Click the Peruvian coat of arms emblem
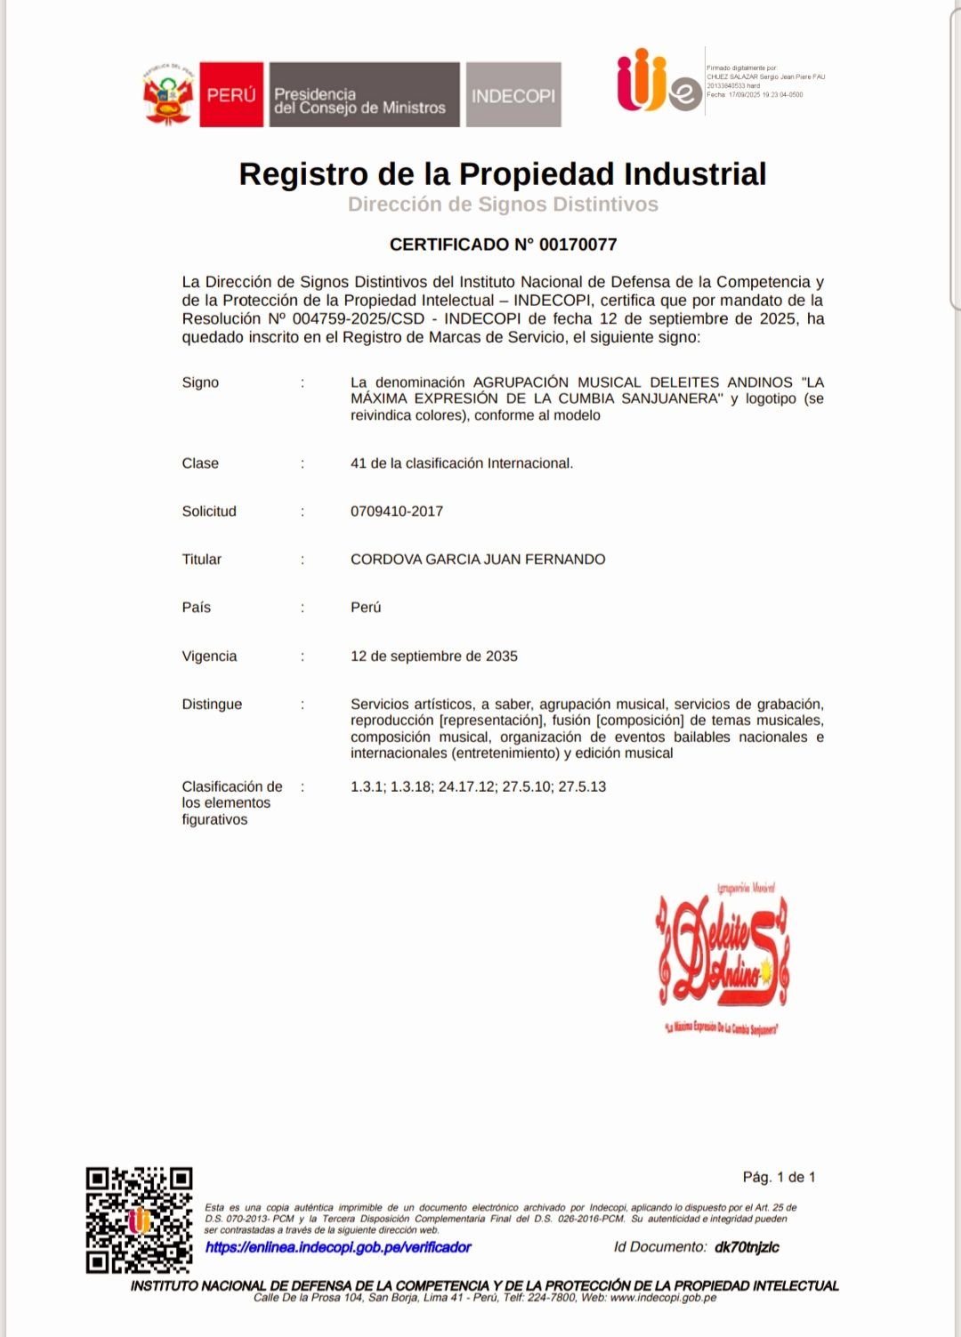(x=168, y=95)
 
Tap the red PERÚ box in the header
(x=231, y=94)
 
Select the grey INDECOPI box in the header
(x=513, y=95)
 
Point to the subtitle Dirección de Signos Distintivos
(x=503, y=205)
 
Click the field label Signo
(x=200, y=383)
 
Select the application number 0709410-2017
(x=397, y=511)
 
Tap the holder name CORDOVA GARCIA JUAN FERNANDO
(x=478, y=560)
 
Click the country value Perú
(x=366, y=608)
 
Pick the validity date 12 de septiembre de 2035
(x=434, y=656)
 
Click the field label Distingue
(x=212, y=705)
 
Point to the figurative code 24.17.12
(x=467, y=787)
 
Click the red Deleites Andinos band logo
(x=723, y=957)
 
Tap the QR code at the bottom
(x=140, y=1220)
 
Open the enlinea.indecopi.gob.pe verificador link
(x=338, y=1247)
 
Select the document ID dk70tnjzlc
(x=747, y=1247)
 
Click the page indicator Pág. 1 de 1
(x=779, y=1177)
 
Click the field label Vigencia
(x=209, y=656)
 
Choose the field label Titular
(x=202, y=560)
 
